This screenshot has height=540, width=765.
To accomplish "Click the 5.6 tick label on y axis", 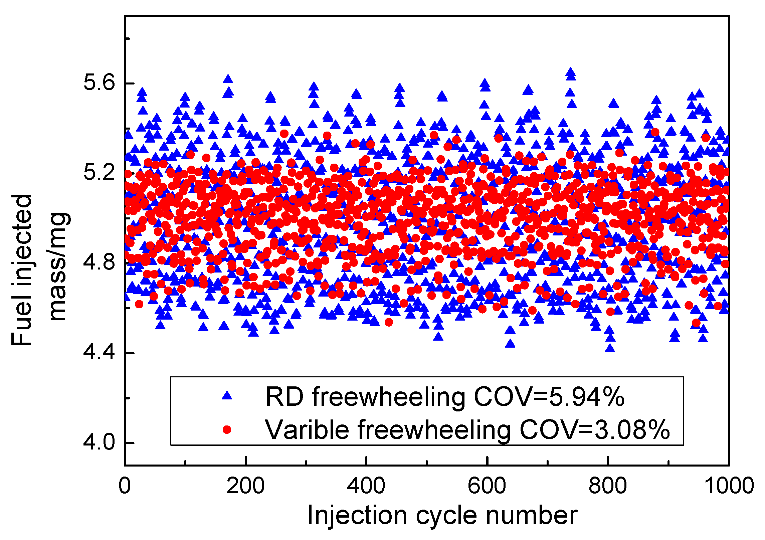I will point(99,82).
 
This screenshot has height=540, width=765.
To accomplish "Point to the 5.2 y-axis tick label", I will point(99,172).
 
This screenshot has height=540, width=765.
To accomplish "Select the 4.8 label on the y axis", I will point(99,262).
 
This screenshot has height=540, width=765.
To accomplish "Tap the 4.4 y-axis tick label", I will point(99,353).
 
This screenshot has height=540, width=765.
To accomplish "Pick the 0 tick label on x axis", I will point(125,486).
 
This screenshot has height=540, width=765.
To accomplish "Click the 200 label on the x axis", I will point(245,486).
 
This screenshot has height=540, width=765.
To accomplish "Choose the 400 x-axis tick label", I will point(366,486).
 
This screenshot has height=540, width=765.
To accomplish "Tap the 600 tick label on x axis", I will point(487,486).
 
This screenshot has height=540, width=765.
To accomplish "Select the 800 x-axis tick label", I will point(608,486).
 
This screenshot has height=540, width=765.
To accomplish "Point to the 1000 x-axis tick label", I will point(729,486).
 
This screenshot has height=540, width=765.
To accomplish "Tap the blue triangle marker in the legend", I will point(227,396).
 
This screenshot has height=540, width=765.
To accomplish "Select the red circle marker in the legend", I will point(227,429).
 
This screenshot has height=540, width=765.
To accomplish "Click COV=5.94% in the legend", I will point(549,397).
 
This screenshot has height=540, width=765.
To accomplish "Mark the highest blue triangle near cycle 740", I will point(571,72).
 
